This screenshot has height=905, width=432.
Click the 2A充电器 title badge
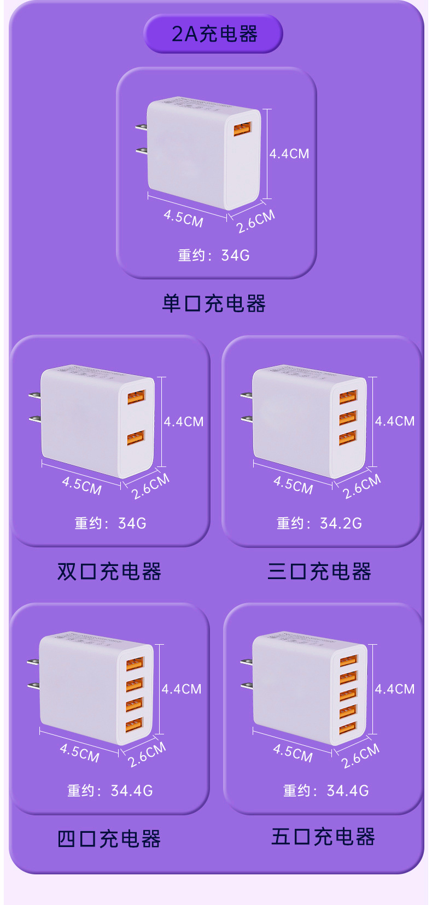213,33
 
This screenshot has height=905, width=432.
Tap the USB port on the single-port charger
242,129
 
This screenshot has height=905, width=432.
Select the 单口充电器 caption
214,303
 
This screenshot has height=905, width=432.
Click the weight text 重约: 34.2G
319,523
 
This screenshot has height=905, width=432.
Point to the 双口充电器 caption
109,571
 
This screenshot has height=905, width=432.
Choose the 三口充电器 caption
319,571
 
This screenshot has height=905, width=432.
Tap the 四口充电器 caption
109,839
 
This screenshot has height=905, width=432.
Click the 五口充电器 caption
323,836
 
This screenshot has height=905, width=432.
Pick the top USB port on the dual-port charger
137,397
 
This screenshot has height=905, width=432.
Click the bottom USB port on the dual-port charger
136,438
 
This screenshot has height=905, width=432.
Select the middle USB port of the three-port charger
348,418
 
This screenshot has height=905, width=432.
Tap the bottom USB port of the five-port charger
348,728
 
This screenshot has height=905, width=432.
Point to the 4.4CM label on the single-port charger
289,154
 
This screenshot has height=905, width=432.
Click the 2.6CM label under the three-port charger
362,486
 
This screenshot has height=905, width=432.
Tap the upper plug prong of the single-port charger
142,127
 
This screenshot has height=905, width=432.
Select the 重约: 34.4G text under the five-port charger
326,791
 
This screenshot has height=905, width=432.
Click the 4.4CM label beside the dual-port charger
184,422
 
